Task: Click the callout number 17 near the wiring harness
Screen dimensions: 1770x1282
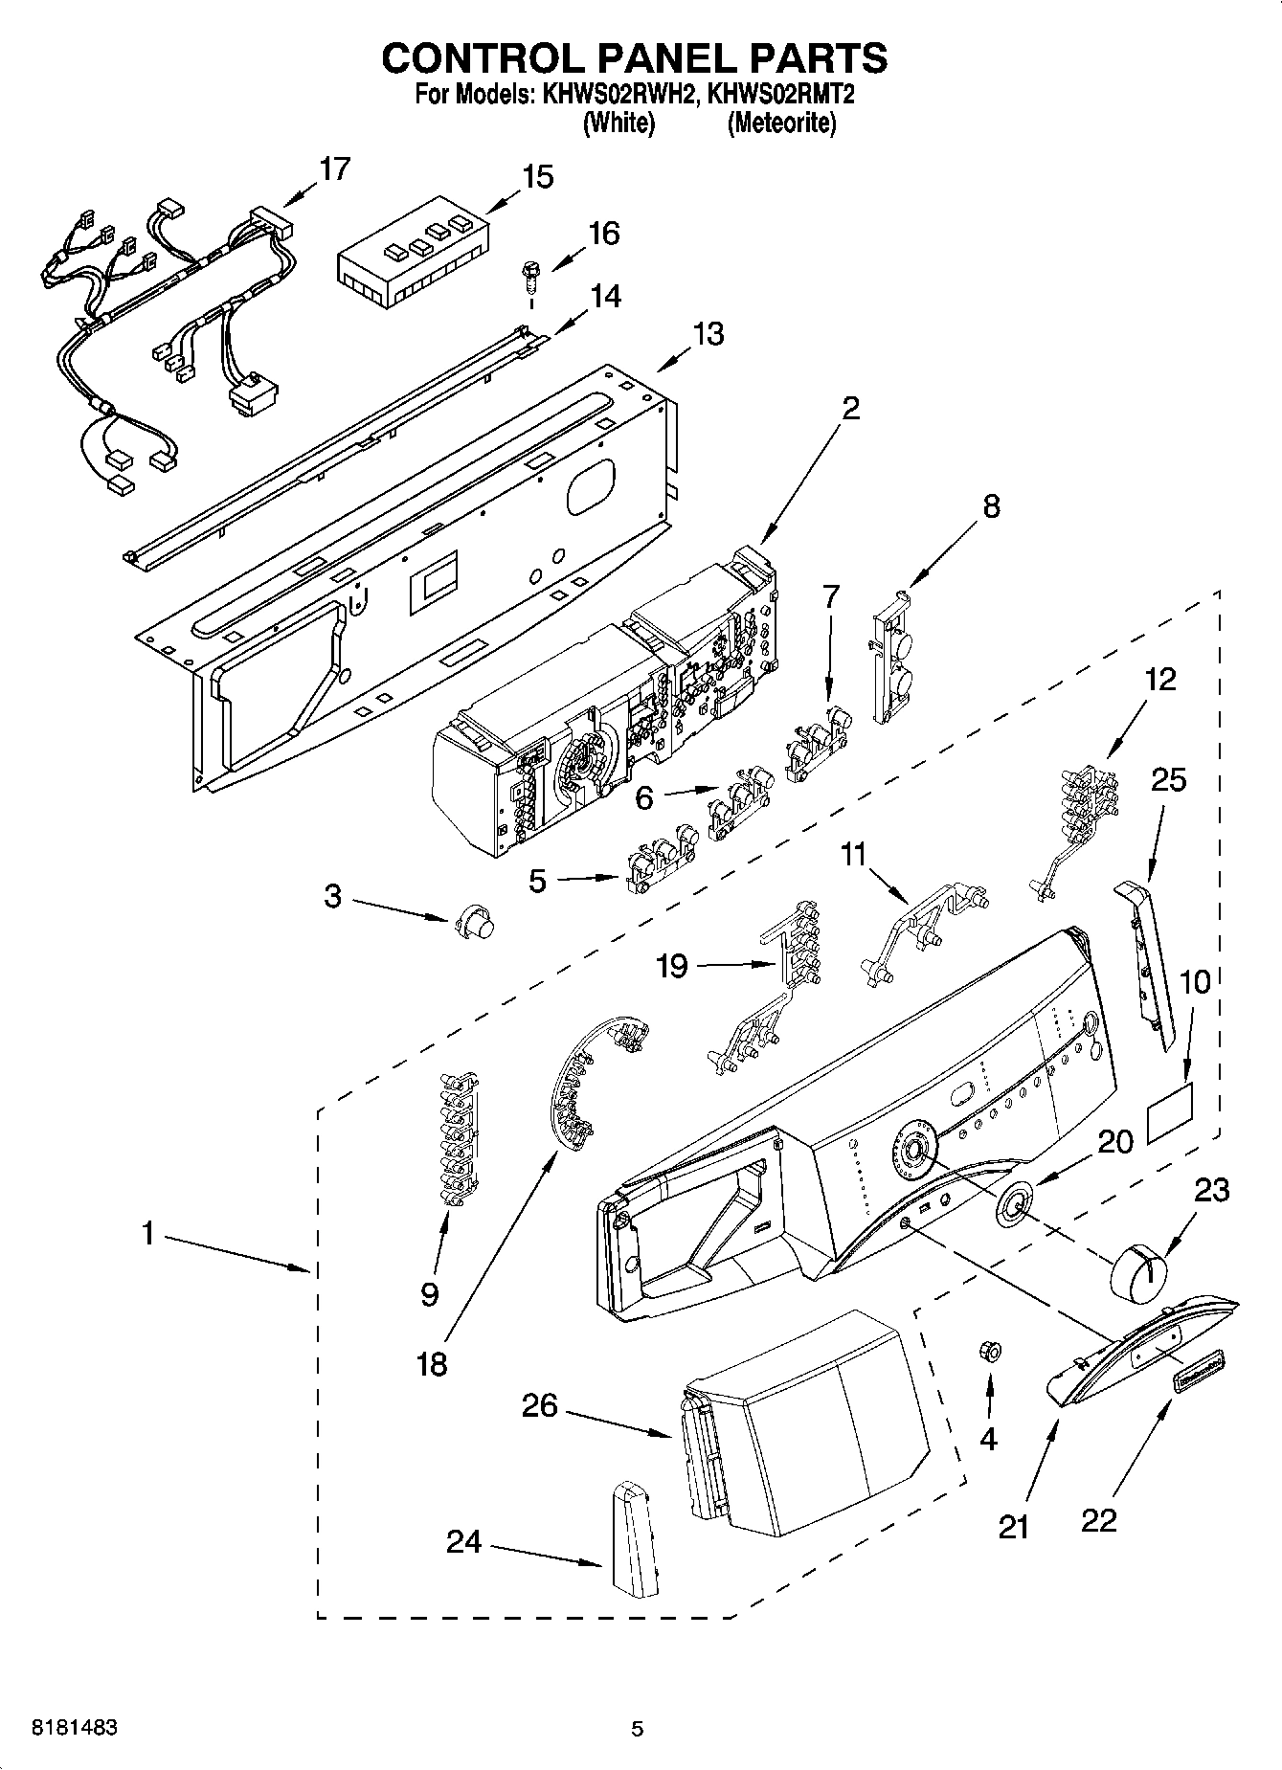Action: click(x=334, y=168)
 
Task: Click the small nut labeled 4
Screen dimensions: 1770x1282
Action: click(x=990, y=1351)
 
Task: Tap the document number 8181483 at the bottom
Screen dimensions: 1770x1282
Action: click(x=76, y=1728)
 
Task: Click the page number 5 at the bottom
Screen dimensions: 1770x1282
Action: click(x=637, y=1728)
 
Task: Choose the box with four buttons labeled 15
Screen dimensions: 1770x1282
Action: click(x=413, y=252)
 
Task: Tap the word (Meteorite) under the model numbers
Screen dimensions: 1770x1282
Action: click(x=781, y=123)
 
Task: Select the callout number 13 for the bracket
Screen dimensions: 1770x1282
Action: click(x=708, y=334)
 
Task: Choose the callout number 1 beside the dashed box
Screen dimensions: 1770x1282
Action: click(x=147, y=1234)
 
